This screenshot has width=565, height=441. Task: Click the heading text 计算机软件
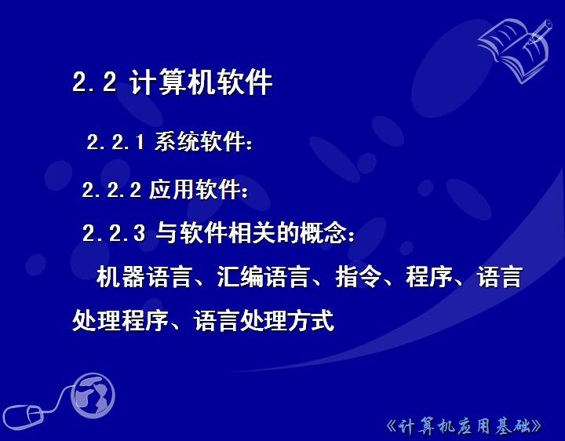(x=200, y=82)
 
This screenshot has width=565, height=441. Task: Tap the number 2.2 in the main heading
(x=94, y=82)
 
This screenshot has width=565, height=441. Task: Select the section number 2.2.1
(x=115, y=141)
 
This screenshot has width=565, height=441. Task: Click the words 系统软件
(x=199, y=141)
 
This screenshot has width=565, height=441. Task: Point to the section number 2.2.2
(x=111, y=190)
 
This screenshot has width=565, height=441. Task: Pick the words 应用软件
(x=195, y=189)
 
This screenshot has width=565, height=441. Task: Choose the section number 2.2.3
(x=114, y=233)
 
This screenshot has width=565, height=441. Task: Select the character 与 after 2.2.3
(x=167, y=233)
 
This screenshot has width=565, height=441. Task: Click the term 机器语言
(x=144, y=277)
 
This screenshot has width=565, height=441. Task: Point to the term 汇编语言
(x=263, y=277)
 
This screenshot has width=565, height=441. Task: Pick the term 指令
(x=358, y=277)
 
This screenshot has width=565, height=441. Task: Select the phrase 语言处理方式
(x=264, y=321)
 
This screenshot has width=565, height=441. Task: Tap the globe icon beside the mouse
(x=93, y=395)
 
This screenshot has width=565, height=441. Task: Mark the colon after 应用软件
(x=246, y=192)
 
